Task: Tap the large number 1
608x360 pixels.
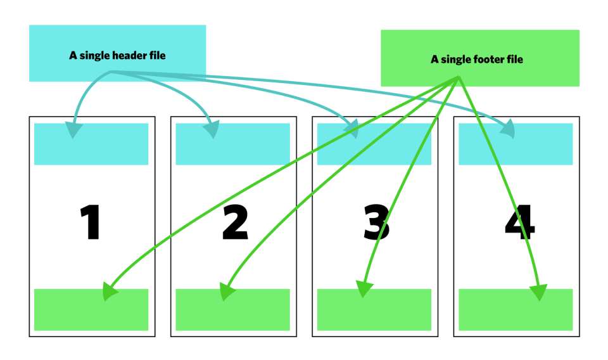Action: pos(91,223)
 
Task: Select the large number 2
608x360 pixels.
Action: pos(235,223)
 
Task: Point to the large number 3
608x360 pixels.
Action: pos(376,223)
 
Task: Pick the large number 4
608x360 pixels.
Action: pos(519,223)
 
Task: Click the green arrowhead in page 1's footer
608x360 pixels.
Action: pos(110,293)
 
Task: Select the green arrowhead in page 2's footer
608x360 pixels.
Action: pos(226,292)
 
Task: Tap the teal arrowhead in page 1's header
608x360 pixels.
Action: pos(75,129)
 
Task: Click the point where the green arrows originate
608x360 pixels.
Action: pos(457,79)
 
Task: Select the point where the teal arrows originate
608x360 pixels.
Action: pos(111,72)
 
